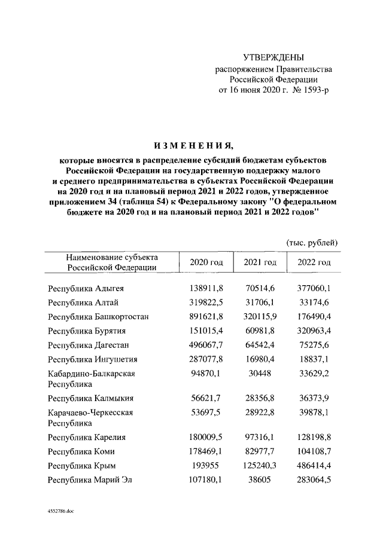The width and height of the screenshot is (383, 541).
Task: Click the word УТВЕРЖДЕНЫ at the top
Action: (274, 57)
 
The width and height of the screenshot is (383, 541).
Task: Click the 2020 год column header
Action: (206, 263)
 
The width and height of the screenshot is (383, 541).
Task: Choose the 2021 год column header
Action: (260, 263)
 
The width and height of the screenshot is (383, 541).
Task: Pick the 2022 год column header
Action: (314, 263)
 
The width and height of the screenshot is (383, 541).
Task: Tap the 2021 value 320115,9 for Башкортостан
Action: (260, 317)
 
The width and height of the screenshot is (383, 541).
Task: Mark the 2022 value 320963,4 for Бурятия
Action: (314, 331)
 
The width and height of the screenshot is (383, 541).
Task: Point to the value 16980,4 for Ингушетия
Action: (260, 360)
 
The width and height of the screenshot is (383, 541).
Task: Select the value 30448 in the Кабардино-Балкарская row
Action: (260, 374)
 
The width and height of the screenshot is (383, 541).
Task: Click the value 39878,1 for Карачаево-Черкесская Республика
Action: (314, 412)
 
